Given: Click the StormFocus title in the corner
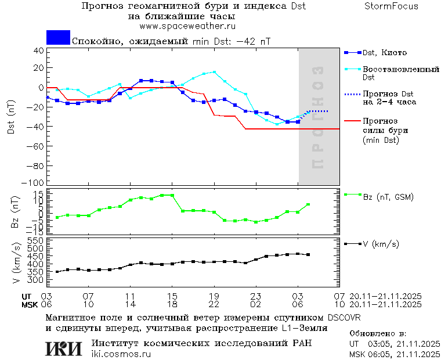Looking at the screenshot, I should pyautogui.click(x=391, y=6).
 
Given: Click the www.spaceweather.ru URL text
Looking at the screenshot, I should pyautogui.click(x=187, y=26).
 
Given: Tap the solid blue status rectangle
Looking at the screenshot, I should pyautogui.click(x=58, y=37).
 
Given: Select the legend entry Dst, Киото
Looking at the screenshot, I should pyautogui.click(x=384, y=53).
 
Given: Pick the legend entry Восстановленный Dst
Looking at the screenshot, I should pyautogui.click(x=400, y=73).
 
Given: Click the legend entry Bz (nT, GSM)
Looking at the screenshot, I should pyautogui.click(x=388, y=197).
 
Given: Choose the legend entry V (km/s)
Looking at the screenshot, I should pyautogui.click(x=381, y=244).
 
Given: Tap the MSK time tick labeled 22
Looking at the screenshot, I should pyautogui.click(x=214, y=304).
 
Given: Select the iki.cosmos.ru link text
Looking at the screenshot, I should pyautogui.click(x=120, y=354).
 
